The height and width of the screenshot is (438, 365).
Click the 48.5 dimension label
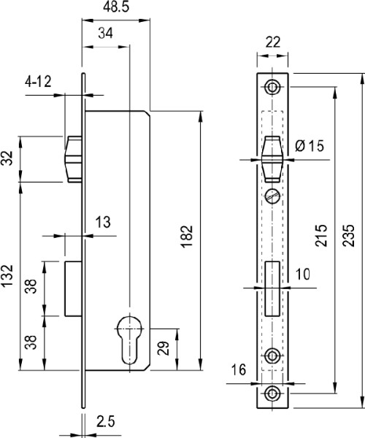[116, 7]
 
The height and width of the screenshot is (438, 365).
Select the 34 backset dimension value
[105, 34]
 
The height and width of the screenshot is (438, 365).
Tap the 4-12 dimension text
[38, 82]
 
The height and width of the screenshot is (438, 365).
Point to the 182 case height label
[187, 237]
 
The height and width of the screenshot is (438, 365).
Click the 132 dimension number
[7, 276]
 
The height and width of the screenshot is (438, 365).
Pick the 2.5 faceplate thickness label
[106, 421]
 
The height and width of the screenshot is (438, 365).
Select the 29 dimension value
[164, 348]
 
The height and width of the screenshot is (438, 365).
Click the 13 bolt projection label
[103, 223]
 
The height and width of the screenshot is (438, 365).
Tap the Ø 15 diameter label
[310, 146]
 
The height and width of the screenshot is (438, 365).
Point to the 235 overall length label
[348, 235]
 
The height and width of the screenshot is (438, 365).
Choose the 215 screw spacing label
[321, 235]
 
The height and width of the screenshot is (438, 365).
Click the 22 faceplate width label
[272, 42]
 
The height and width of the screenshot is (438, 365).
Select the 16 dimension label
[239, 370]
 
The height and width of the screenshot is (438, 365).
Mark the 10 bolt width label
[303, 274]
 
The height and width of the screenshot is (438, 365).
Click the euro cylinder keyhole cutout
[129, 339]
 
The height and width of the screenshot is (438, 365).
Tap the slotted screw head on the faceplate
[272, 196]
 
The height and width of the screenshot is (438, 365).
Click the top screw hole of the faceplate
[272, 87]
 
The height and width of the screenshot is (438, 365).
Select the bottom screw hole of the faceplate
[272, 393]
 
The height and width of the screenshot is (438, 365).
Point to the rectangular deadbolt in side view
[73, 289]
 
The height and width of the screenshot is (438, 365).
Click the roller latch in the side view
[73, 159]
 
